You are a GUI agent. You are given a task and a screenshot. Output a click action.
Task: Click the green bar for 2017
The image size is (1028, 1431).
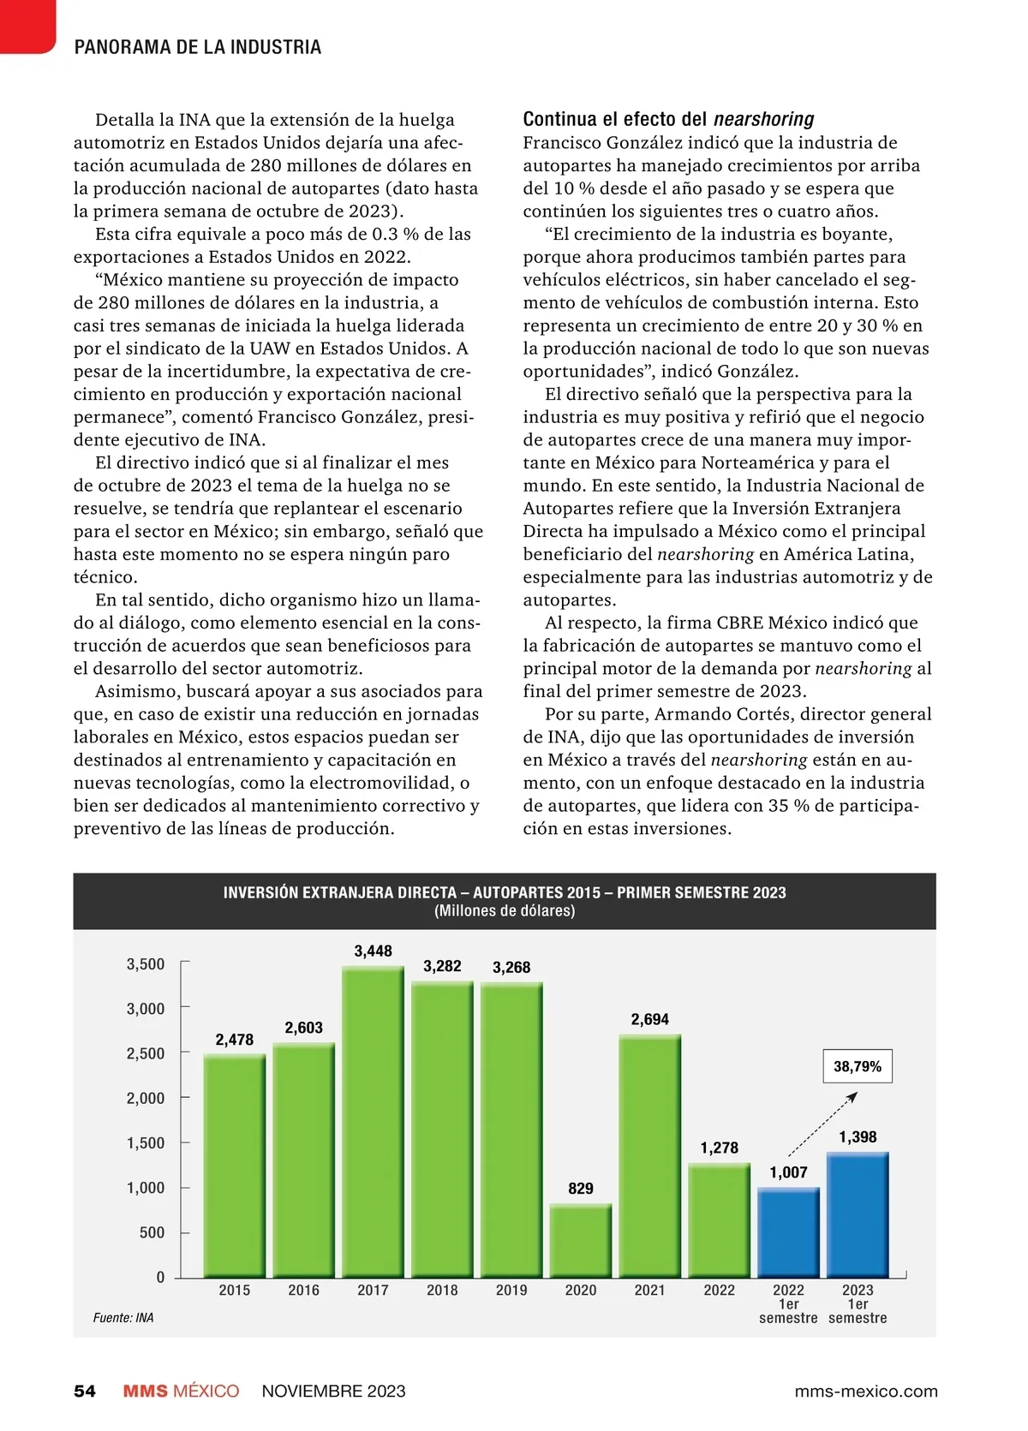[373, 1122]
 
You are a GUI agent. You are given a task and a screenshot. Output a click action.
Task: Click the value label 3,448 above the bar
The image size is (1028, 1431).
[374, 951]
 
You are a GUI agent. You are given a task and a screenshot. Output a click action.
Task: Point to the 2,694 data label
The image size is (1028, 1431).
[650, 1019]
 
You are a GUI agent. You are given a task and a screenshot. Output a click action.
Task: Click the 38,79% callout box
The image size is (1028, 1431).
[858, 1066]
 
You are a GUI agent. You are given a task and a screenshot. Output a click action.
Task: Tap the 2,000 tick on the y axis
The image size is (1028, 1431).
[146, 1098]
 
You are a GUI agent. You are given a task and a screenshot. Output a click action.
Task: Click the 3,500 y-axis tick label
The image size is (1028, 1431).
[146, 964]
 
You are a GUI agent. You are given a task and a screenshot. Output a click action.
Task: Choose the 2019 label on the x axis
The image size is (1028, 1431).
[511, 1290]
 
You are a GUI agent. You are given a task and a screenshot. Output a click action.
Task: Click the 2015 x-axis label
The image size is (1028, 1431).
[235, 1290]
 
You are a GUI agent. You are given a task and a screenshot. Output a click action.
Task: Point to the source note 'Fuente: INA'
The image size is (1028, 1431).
[123, 1318]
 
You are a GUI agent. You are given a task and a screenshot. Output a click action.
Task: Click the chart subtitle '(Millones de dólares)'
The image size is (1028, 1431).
[505, 911]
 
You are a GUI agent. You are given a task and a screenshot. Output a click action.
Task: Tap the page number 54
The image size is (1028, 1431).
[85, 1391]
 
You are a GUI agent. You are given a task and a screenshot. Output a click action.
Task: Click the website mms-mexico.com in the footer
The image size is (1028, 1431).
[866, 1391]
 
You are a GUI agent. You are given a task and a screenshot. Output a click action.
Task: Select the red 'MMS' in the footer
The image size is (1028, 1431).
[146, 1391]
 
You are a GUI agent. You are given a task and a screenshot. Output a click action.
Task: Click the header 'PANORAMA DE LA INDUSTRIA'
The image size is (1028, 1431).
[198, 47]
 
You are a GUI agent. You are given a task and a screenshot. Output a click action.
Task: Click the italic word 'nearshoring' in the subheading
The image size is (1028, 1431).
[763, 119]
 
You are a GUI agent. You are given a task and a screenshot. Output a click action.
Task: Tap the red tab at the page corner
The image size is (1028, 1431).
[26, 24]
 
